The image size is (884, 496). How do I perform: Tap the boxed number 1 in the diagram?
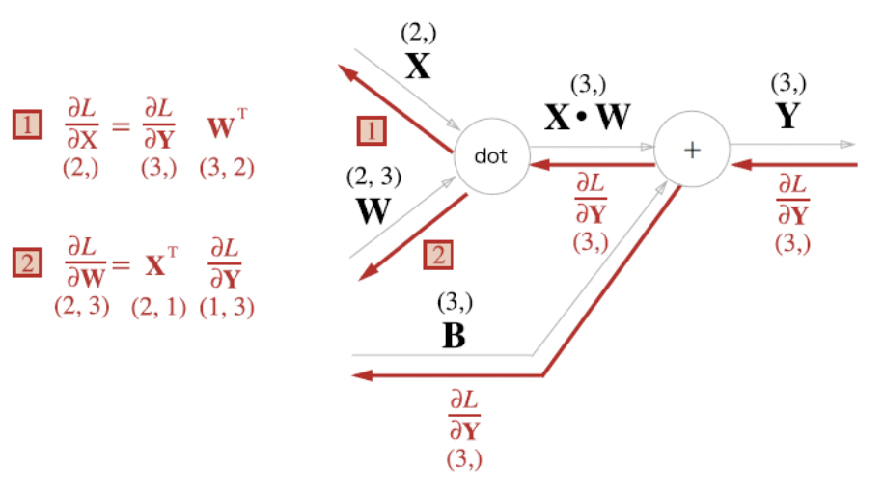click(372, 130)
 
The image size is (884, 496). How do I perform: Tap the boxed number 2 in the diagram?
click(436, 256)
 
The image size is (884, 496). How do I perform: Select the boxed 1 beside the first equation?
click(28, 124)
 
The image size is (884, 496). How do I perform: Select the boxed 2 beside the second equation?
click(28, 262)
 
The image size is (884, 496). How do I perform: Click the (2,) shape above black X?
click(419, 34)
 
